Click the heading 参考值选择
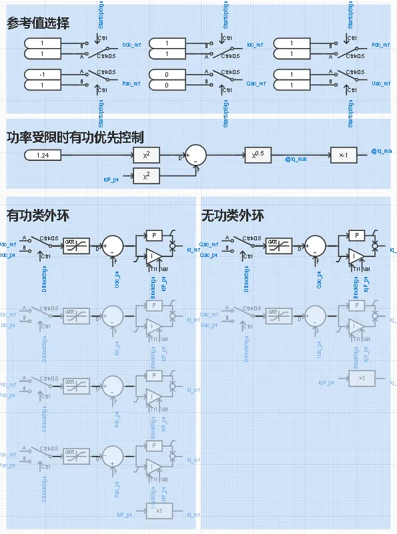38,23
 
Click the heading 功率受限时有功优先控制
75,138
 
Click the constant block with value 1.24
43,156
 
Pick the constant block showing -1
43,73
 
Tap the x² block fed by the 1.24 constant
151,155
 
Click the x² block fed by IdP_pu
151,176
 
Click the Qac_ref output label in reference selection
256,84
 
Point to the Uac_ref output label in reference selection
381,84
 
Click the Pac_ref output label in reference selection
131,84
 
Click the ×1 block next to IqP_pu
362,378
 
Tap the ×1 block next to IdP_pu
159,511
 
